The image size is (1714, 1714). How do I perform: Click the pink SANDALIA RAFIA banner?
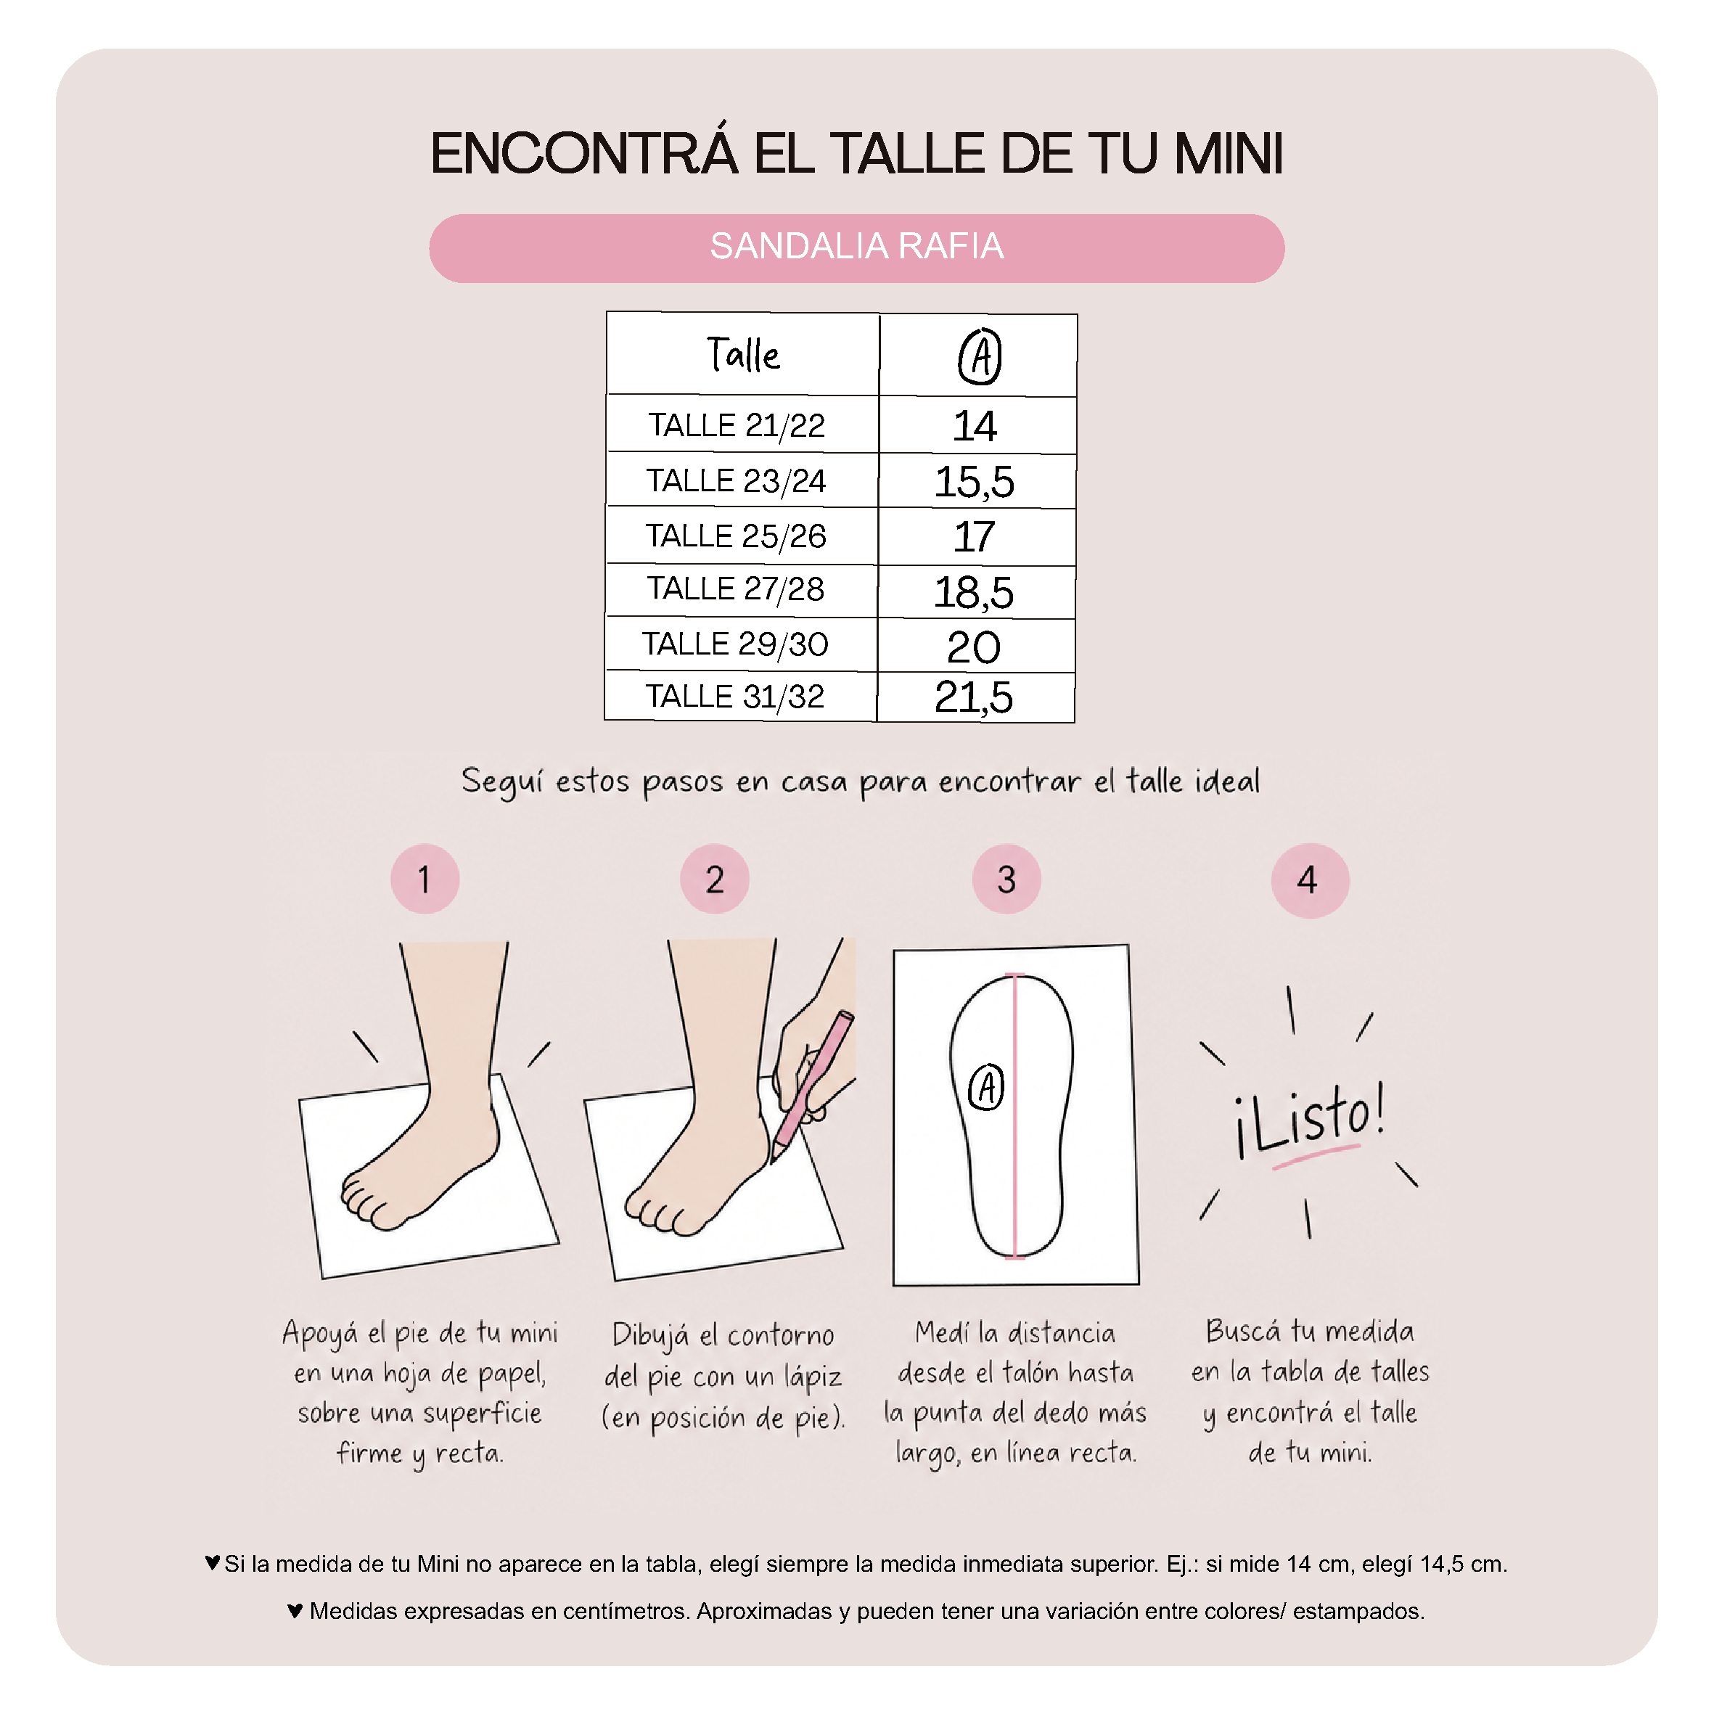click(x=856, y=247)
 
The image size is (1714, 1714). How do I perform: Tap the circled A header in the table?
click(x=980, y=356)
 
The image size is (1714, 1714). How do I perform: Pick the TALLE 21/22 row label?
click(x=736, y=425)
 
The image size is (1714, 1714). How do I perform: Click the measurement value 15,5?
click(x=974, y=482)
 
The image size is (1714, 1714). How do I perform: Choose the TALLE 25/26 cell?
click(x=736, y=536)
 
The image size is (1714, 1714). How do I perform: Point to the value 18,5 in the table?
click(x=973, y=591)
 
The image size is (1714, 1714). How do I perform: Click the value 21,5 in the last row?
click(x=973, y=697)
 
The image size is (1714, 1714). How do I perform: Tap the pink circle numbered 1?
click(x=425, y=878)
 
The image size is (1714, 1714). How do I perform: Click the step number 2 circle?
click(x=714, y=878)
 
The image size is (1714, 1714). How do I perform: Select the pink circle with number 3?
click(x=1006, y=878)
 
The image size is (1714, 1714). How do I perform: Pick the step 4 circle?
click(x=1310, y=880)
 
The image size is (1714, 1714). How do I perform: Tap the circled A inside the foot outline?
click(x=985, y=1088)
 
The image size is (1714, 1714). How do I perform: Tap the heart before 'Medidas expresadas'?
click(x=295, y=1610)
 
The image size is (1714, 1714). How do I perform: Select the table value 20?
click(x=973, y=647)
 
